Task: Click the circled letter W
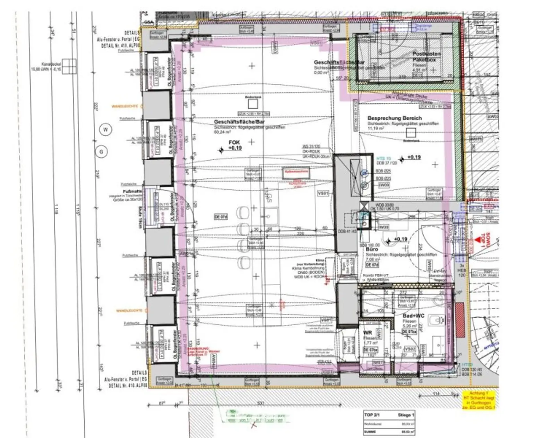click(106, 130)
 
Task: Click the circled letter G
click(102, 152)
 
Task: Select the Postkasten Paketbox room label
click(426, 57)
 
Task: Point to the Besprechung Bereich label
click(395, 118)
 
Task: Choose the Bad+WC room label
click(414, 316)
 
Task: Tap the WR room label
click(367, 333)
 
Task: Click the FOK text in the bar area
click(234, 142)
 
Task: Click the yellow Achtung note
click(479, 400)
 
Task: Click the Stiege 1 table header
click(406, 415)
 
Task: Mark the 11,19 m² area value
click(376, 128)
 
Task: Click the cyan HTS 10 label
click(383, 158)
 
